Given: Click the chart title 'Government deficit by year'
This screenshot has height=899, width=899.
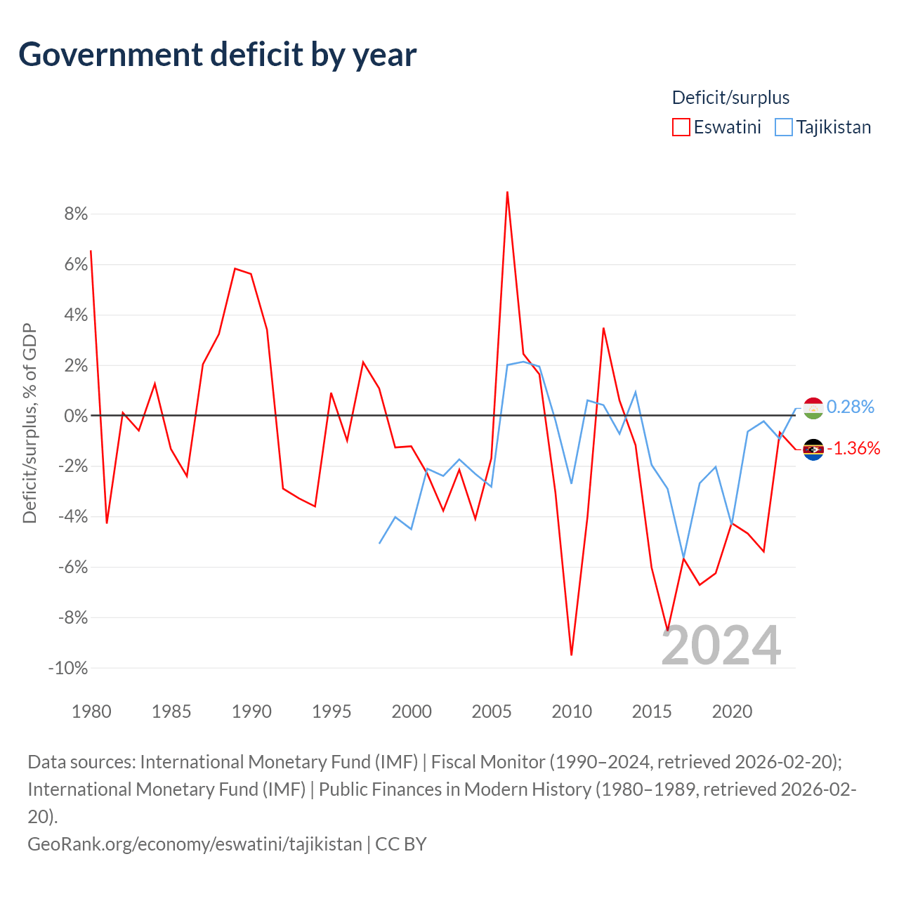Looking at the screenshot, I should pos(218,55).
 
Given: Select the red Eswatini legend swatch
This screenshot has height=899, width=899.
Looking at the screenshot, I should pos(681,127).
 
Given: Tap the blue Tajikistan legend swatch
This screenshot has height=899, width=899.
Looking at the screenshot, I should pos(783,127).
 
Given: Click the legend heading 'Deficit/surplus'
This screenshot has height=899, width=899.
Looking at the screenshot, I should pos(730,98).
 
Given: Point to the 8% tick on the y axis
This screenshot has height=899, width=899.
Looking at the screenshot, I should pos(76,214).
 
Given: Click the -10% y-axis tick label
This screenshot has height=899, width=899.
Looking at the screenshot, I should pos(68,668).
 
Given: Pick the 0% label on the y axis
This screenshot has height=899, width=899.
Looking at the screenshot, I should pos(76,416).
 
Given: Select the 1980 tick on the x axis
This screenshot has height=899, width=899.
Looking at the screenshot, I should pos(91,711).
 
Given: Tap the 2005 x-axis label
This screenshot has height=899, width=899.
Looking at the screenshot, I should pos(492,711).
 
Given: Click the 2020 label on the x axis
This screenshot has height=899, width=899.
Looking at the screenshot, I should pos(732,711).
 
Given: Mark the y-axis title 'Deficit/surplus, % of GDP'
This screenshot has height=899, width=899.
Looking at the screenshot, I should pos(29,423).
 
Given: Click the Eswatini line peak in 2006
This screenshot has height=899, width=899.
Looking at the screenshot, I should pos(507,192).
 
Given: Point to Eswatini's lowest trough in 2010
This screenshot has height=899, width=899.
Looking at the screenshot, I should pos(572,655).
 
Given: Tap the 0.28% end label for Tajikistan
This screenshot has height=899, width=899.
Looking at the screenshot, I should pos(850,407).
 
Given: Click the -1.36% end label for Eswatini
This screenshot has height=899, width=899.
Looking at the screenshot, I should pos(853,448).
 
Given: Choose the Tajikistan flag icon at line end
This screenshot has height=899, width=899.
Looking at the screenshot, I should pos(813,408).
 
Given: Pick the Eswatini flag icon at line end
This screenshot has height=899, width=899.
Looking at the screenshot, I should pos(813,449).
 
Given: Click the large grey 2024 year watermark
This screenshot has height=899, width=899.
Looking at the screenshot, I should pos(721,645).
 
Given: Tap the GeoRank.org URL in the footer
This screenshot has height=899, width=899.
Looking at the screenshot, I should pos(195,844).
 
